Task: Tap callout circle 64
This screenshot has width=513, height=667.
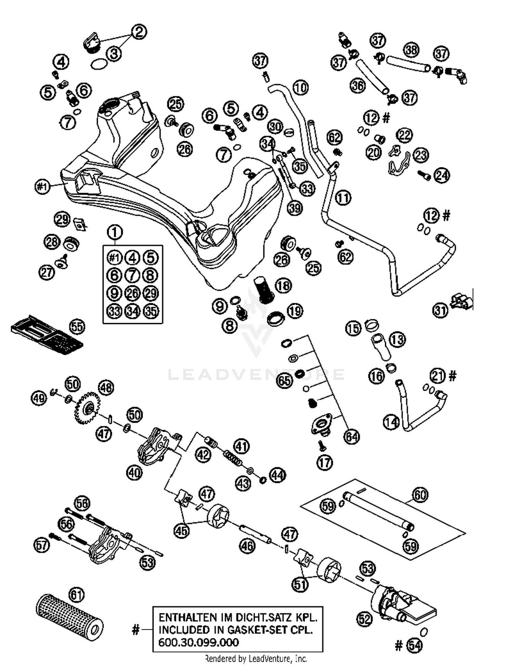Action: (352, 436)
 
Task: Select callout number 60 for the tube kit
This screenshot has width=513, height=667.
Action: (420, 495)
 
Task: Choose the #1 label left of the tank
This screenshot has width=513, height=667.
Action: (42, 187)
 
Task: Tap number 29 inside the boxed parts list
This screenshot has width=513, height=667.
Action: (150, 293)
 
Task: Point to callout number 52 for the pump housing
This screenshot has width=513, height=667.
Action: (365, 619)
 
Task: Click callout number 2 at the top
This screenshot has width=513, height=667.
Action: (139, 32)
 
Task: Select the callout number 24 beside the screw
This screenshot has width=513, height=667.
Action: (442, 176)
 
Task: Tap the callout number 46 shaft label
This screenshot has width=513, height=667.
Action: (247, 546)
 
